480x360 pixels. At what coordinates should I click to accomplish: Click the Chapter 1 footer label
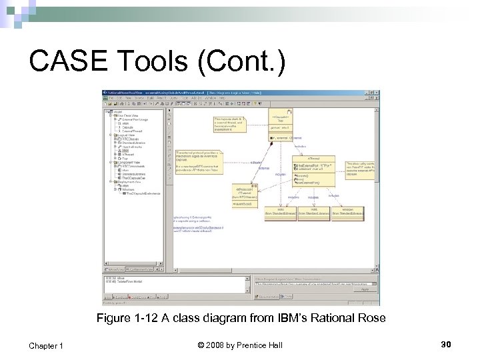click(x=46, y=345)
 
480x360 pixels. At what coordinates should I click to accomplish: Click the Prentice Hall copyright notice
click(x=241, y=345)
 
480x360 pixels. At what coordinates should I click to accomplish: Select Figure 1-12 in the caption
click(x=123, y=318)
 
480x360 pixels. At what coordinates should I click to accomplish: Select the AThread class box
click(x=313, y=169)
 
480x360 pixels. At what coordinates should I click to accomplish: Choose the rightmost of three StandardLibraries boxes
click(x=348, y=211)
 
